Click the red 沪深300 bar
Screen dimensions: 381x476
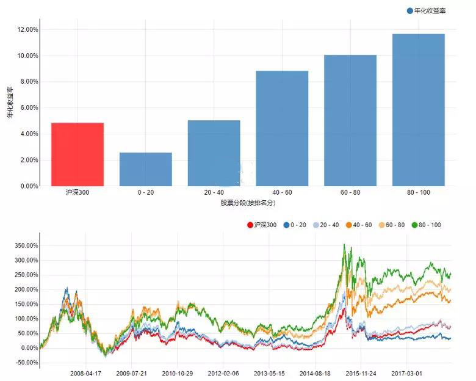tap(77, 154)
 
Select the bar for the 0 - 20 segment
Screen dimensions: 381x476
tap(145, 169)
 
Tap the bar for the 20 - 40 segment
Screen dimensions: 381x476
tap(214, 153)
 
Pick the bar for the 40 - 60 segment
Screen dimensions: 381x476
tap(282, 128)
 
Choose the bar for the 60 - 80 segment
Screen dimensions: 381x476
tap(350, 120)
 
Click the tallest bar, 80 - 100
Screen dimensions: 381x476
tap(419, 110)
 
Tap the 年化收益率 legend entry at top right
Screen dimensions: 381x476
tap(426, 10)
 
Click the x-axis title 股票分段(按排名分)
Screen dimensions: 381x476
tap(248, 202)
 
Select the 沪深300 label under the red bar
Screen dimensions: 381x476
tap(78, 193)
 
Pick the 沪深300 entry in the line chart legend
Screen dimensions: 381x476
tap(262, 225)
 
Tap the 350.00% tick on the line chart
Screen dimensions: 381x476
tap(22, 245)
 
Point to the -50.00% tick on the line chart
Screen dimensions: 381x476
tap(22, 363)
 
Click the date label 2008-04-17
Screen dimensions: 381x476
tap(86, 372)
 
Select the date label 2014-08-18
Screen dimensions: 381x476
tap(316, 372)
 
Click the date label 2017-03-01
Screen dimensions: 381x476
tap(408, 372)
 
